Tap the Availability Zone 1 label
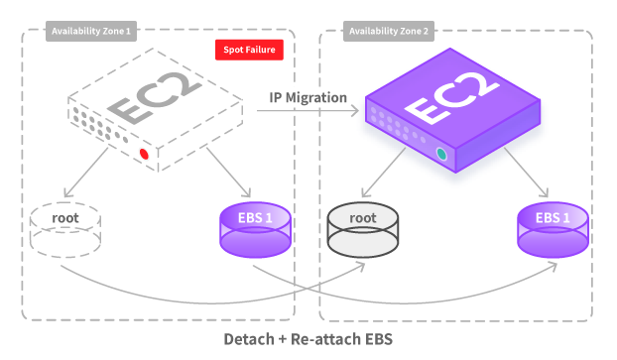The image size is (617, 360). (90, 32)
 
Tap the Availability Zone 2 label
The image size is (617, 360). (388, 32)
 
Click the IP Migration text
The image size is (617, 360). (308, 97)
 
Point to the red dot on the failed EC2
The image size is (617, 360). (145, 154)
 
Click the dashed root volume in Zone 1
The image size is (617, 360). (65, 229)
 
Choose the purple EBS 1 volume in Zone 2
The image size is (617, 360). (553, 228)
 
